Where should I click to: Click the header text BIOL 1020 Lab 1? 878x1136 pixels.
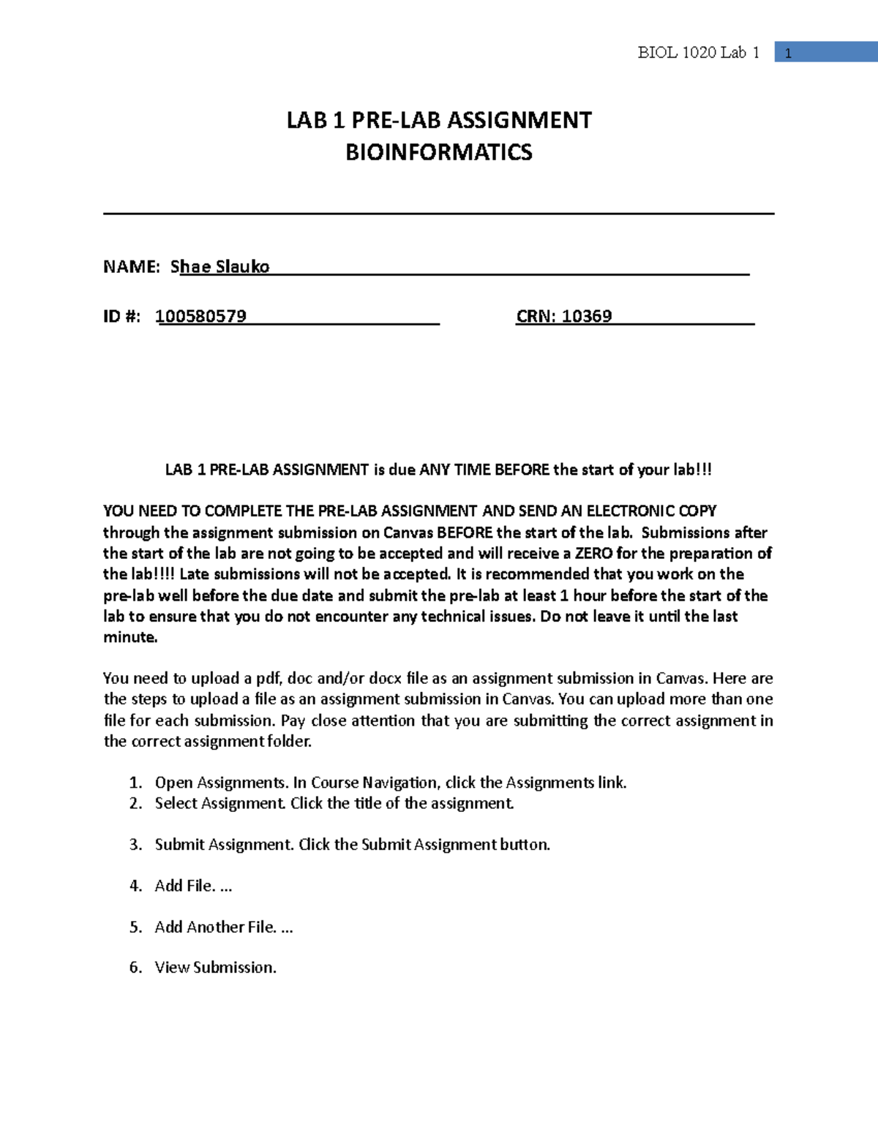pos(698,53)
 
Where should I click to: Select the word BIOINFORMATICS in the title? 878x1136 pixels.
pos(438,152)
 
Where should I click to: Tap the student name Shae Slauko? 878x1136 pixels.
pos(220,266)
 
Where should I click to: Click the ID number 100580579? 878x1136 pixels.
pos(201,316)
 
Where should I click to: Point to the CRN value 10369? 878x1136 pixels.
pos(587,316)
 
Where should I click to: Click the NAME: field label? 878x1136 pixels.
pos(131,266)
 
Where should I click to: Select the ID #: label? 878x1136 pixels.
pos(121,316)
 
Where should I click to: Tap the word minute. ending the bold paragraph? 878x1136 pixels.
pos(130,637)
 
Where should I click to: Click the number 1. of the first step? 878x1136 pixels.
pos(135,783)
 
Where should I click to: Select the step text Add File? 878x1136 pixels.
pos(185,886)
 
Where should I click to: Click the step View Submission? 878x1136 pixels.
pos(215,968)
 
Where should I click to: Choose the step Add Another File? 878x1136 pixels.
pos(215,927)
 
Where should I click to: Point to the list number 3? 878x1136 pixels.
pos(135,845)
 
